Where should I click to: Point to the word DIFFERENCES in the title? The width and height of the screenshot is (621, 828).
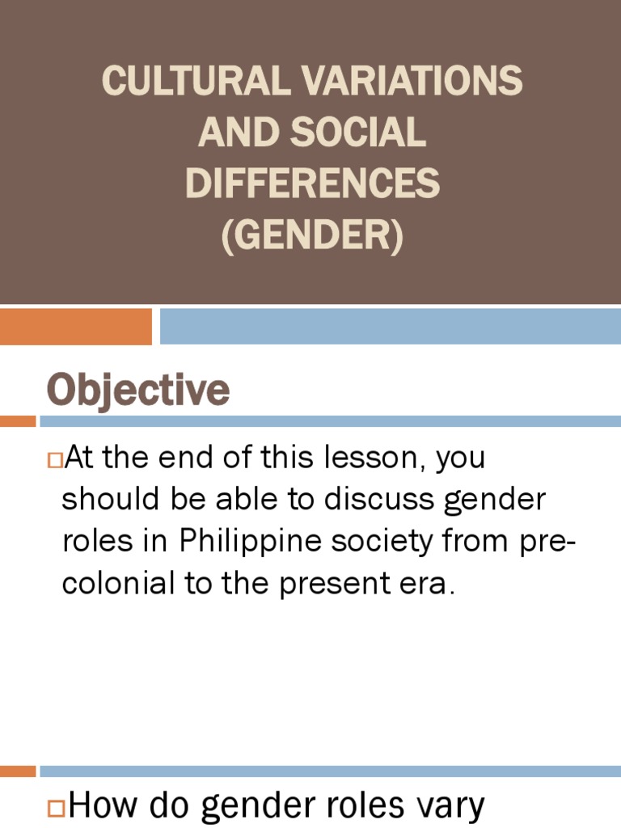coord(312,184)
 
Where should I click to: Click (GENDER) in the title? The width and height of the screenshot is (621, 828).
coord(312,235)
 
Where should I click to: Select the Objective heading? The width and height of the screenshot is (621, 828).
coord(138,391)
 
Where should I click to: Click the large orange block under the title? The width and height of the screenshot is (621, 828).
coord(76,326)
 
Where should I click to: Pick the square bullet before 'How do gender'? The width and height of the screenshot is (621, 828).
coord(57,806)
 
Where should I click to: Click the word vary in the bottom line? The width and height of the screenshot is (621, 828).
coord(450,806)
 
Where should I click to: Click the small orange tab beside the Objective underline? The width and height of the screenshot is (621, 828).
coord(18,421)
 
